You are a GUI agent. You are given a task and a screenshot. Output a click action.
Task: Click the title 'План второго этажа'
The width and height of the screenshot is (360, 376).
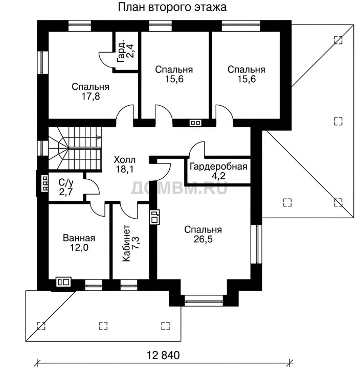click(172, 8)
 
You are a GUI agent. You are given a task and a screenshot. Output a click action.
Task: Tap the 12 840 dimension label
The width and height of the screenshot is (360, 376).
click(163, 355)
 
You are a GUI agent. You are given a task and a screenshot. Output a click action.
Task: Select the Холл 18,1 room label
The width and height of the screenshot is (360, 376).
click(125, 165)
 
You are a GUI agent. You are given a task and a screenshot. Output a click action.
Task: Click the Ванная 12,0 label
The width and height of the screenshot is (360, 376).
click(79, 243)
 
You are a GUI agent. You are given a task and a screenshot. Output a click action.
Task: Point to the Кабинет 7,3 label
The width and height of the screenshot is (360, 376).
click(131, 243)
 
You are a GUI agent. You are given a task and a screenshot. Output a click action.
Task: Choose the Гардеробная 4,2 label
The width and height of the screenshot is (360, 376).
click(218, 171)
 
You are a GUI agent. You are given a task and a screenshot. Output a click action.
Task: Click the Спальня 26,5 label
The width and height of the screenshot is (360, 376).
click(203, 234)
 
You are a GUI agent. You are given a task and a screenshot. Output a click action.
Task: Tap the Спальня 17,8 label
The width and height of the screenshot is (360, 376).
click(91, 91)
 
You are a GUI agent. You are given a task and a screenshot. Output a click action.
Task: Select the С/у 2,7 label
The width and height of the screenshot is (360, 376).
click(66, 187)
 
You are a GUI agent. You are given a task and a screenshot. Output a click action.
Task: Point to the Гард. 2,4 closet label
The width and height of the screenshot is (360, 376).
click(125, 51)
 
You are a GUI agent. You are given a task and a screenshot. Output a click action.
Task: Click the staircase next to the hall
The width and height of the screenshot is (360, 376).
click(75, 148)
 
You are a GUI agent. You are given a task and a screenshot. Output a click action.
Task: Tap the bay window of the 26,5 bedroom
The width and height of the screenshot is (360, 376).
click(204, 300)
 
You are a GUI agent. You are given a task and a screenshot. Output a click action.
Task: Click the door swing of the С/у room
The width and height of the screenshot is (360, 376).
click(93, 186)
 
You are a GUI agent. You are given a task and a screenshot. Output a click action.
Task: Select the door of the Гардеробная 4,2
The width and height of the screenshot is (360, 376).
click(197, 149)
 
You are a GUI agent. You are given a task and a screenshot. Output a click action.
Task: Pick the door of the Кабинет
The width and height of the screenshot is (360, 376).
click(128, 211)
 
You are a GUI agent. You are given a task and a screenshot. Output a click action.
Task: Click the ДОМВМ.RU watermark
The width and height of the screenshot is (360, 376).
click(179, 188)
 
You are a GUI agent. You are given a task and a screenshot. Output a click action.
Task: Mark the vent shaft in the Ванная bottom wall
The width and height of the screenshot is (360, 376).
click(63, 282)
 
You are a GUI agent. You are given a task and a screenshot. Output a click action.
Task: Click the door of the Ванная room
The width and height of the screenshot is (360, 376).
click(98, 209)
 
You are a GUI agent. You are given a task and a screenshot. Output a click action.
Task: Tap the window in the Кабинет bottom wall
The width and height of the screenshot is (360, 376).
click(129, 285)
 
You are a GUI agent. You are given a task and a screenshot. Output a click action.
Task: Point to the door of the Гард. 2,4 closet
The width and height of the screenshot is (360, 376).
click(106, 59)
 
